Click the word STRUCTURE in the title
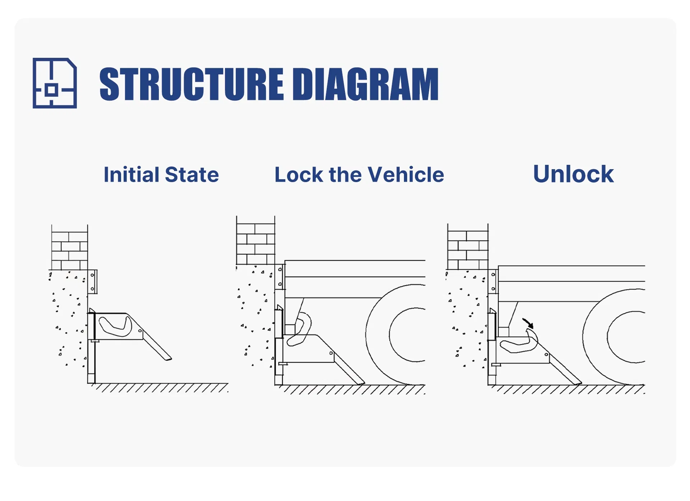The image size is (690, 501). pos(192,84)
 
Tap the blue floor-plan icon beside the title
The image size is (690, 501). pos(55,83)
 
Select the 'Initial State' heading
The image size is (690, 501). pos(161,175)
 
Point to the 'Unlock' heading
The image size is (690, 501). pos(573,174)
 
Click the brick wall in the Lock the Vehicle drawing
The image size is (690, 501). pos(256,244)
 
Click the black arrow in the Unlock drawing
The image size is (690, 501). pos(528,323)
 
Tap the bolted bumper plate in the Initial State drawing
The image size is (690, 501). pos(92,282)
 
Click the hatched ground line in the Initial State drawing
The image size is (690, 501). pos(162,388)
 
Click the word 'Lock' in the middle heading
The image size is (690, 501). pos(299,175)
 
